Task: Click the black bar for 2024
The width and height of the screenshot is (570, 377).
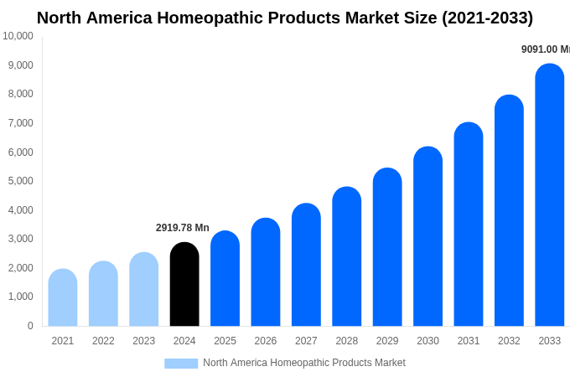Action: pyautogui.click(x=184, y=284)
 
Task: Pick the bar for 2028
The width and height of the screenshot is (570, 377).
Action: pyautogui.click(x=346, y=256)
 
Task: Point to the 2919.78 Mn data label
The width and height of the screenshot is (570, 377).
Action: pyautogui.click(x=183, y=228)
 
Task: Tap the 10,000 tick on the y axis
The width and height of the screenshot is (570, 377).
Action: pyautogui.click(x=18, y=36)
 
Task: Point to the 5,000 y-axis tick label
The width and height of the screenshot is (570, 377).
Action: pyautogui.click(x=18, y=181)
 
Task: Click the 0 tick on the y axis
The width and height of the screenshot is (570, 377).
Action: pyautogui.click(x=30, y=326)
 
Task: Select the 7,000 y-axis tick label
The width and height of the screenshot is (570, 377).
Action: pyautogui.click(x=18, y=123)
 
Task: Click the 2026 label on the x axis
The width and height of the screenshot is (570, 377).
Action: pyautogui.click(x=266, y=341)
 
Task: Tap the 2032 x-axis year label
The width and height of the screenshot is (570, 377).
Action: pyautogui.click(x=509, y=341)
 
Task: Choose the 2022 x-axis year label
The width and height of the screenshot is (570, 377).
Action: pyautogui.click(x=103, y=341)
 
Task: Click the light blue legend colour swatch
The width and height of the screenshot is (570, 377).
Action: pyautogui.click(x=181, y=364)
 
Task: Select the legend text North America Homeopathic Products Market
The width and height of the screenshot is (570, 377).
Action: pyautogui.click(x=304, y=363)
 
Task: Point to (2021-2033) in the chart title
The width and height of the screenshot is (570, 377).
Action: pyautogui.click(x=487, y=18)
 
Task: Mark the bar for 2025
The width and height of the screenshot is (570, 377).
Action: pyautogui.click(x=225, y=278)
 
